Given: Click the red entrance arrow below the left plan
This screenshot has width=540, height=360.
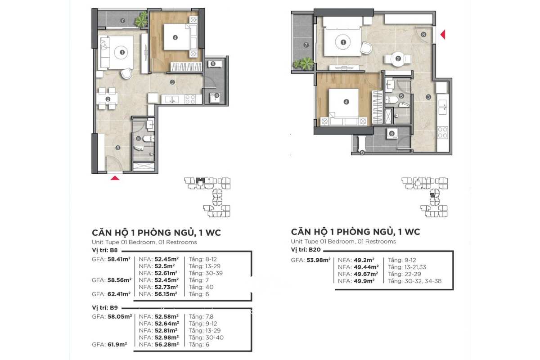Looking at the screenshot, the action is point(115,178).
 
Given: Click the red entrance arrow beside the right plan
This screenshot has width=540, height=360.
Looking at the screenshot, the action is point(443,35).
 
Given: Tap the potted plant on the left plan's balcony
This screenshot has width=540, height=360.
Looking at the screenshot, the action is point(141,19).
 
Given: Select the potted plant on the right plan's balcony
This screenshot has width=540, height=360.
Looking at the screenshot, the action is point(303,63).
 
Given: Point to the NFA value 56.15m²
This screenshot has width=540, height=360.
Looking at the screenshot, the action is point(166,294).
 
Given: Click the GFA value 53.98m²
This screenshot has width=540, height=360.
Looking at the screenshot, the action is point(319,260).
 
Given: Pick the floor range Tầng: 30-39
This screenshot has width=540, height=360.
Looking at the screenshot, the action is point(206,273).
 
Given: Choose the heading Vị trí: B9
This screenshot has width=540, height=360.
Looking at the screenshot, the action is point(105,307).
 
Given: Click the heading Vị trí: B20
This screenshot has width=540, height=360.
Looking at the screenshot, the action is point(306,249).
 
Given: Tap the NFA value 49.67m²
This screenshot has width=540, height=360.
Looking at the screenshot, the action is point(366,274).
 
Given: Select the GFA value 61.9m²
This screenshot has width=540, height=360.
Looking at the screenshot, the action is point(117,344).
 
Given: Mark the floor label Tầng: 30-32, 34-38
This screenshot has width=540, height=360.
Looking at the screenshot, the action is point(414,281).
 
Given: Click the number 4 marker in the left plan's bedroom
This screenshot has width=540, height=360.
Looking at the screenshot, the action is point(175,37).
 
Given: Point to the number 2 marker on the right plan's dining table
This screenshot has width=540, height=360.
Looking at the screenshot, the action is point(398,58).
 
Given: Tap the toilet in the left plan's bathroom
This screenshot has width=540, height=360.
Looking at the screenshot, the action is point(148,139).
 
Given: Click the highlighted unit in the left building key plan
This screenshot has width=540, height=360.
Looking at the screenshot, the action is point(200,180).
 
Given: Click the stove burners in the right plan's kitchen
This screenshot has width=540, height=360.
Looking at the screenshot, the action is point(443,133).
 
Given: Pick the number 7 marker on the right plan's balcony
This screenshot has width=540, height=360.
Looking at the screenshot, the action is point(306,45).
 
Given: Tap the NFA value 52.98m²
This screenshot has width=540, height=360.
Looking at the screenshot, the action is point(166,337).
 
